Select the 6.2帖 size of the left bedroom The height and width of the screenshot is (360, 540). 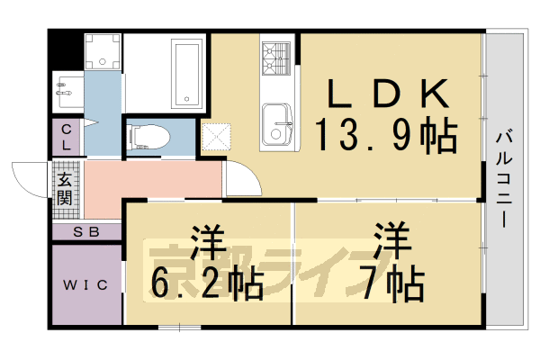click(206, 283)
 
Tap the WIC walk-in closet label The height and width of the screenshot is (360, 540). click(85, 285)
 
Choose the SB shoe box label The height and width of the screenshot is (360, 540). click(85, 232)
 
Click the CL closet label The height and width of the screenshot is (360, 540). click(67, 139)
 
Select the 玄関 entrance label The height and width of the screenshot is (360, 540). click(67, 188)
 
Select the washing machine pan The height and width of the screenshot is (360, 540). click(101, 51)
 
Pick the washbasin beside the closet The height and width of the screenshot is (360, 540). click(67, 88)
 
